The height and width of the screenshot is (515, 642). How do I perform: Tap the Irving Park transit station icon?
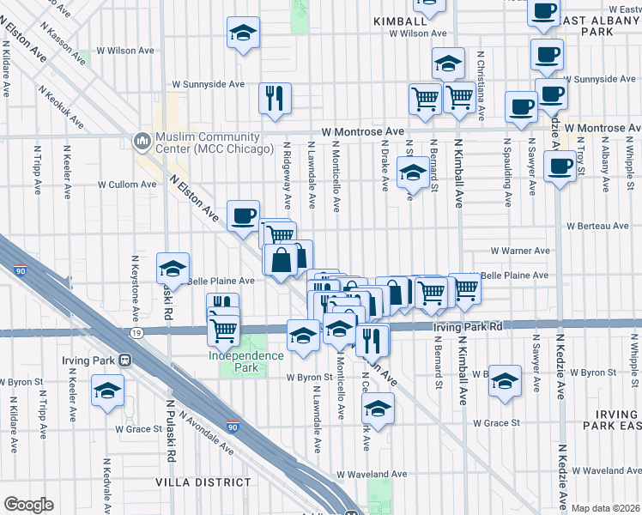pyautogui.click(x=125, y=360)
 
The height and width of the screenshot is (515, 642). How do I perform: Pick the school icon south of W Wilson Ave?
pyautogui.click(x=243, y=34)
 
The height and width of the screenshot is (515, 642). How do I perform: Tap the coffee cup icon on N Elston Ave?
pyautogui.click(x=243, y=215)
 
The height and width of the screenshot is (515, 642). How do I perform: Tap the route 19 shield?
pyautogui.click(x=136, y=331)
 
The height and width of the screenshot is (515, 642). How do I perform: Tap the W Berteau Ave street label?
pyautogui.click(x=597, y=226)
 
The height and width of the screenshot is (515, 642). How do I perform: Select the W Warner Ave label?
pyautogui.click(x=519, y=251)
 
